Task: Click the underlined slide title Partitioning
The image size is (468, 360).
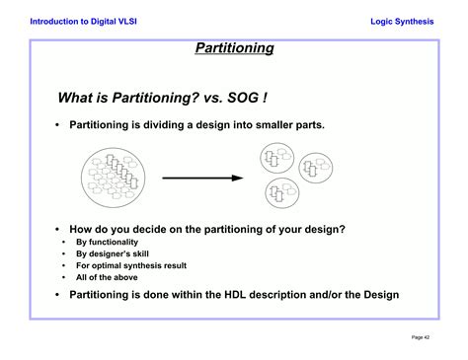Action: [x=233, y=47]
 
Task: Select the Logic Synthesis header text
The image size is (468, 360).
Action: [x=401, y=21]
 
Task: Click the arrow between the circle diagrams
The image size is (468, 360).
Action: [x=201, y=178]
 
